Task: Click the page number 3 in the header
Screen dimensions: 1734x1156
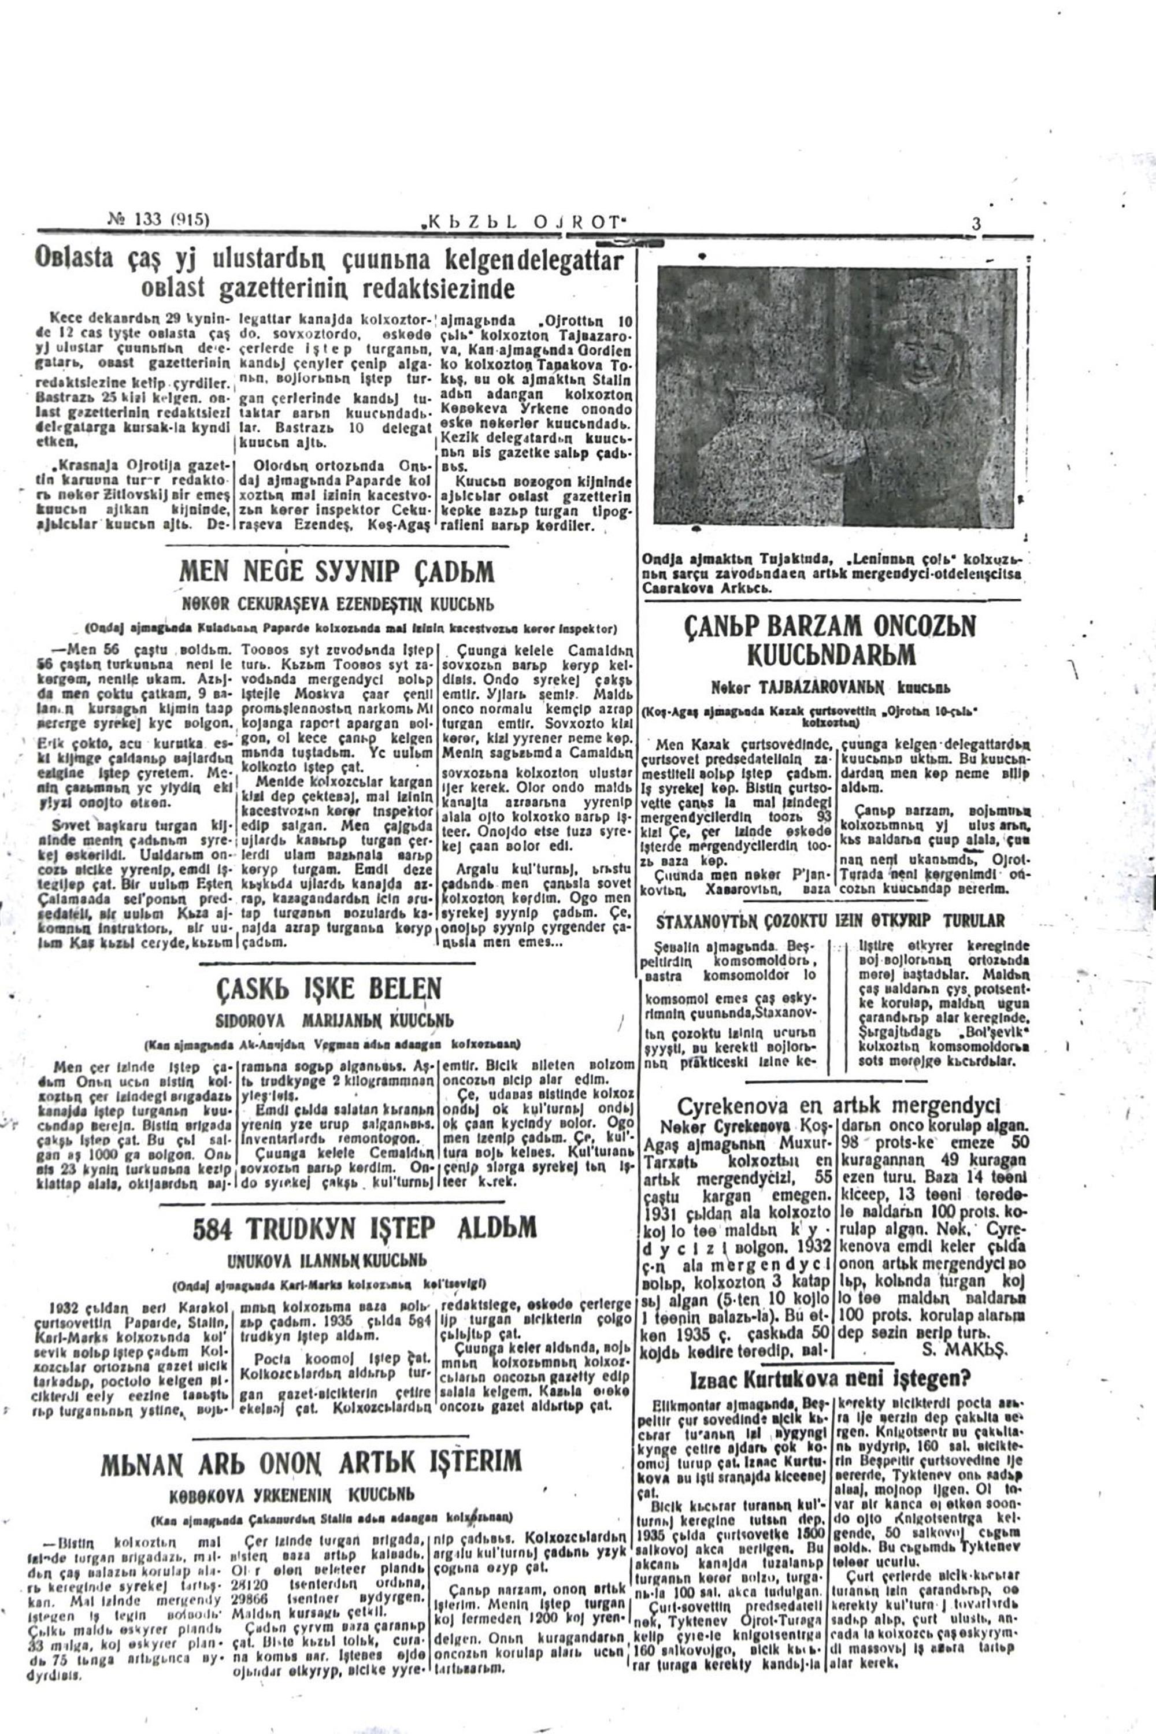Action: [976, 223]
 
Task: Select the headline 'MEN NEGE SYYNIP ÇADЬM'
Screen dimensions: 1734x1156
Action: [337, 572]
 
